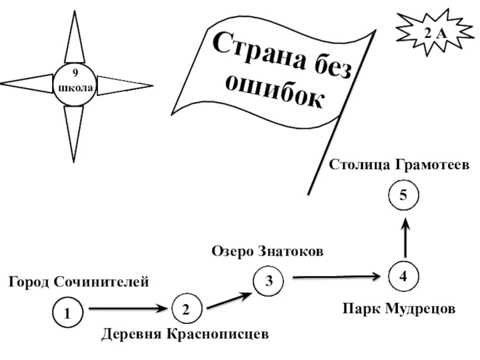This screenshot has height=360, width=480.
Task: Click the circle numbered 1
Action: (x=67, y=313)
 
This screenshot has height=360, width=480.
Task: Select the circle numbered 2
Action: (x=187, y=310)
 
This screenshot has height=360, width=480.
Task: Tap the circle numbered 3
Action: (x=269, y=281)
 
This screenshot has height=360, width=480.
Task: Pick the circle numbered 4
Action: (x=404, y=277)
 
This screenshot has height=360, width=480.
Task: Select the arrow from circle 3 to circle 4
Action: (x=337, y=277)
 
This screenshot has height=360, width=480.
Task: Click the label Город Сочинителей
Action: (x=78, y=281)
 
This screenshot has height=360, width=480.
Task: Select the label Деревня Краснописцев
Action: (x=184, y=333)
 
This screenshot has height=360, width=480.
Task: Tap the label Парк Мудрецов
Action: (x=399, y=309)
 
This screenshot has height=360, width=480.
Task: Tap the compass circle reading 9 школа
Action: (x=74, y=84)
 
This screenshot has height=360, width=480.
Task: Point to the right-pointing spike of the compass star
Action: (x=123, y=85)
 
